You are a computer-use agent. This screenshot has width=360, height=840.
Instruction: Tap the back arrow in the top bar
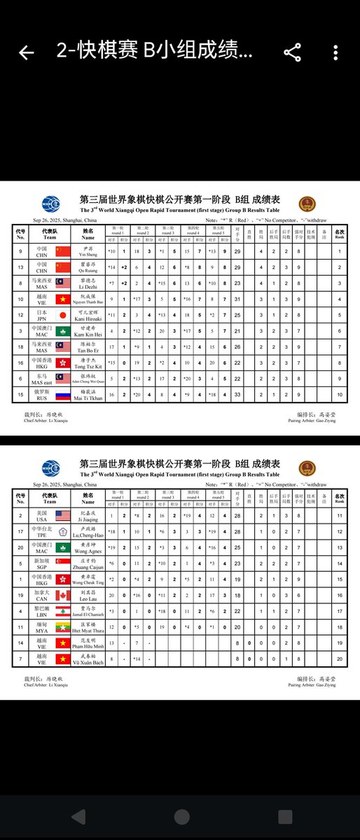[26, 52]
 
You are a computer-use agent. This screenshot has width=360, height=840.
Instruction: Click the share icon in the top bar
[292, 52]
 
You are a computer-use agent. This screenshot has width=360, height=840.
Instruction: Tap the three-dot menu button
[337, 52]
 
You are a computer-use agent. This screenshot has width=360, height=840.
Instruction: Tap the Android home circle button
[180, 817]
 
